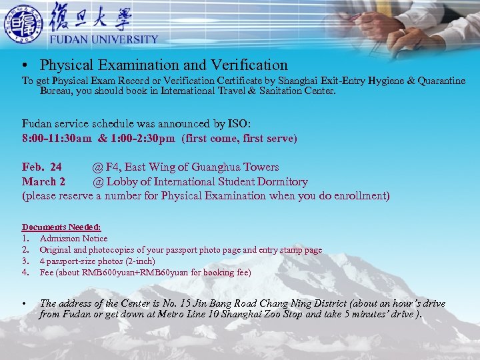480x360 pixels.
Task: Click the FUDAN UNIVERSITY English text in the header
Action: pyautogui.click(x=104, y=39)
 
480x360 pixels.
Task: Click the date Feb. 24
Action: pyautogui.click(x=42, y=167)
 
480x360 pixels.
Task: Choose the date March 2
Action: pyautogui.click(x=44, y=181)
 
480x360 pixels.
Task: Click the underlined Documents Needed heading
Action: pyautogui.click(x=61, y=227)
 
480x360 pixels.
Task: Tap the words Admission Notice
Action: pyautogui.click(x=73, y=239)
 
